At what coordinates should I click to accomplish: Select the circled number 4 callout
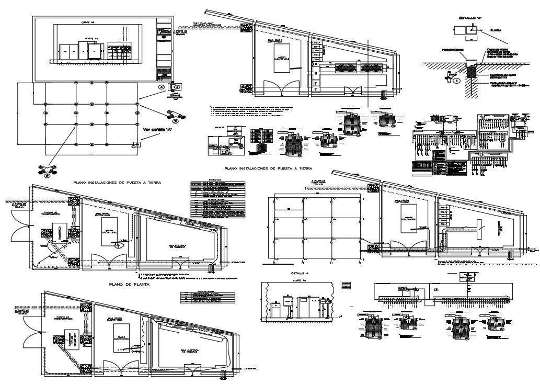coord(162,86)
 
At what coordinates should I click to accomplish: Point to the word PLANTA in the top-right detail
coord(496,31)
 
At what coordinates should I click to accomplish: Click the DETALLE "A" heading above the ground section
coord(470,18)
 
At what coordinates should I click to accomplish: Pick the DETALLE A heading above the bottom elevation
coord(300,274)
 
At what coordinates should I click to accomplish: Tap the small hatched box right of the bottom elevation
coord(346,285)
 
